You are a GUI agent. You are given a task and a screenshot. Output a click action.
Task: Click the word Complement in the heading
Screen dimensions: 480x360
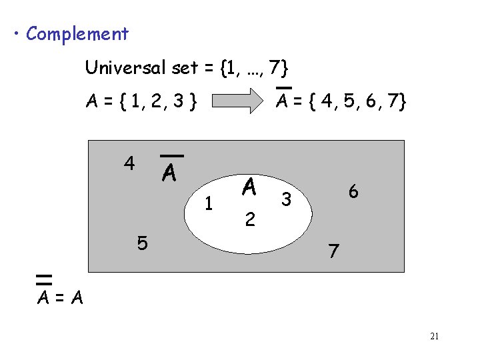point(77,33)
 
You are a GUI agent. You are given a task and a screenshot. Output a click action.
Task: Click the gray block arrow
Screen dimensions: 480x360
point(238,101)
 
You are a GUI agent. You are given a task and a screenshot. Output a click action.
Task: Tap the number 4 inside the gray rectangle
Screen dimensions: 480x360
point(129,163)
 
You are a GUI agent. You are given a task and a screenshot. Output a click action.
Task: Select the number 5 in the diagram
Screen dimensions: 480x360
point(142,243)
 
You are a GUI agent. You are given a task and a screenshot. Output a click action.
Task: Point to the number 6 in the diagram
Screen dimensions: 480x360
point(353,191)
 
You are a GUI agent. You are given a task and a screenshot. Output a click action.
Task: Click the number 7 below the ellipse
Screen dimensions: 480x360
point(333,251)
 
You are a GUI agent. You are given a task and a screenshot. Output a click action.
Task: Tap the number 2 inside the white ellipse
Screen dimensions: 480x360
point(249,219)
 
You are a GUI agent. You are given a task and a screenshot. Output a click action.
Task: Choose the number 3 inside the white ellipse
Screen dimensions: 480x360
point(286,199)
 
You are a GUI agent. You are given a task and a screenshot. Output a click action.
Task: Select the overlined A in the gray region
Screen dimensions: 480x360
point(169,172)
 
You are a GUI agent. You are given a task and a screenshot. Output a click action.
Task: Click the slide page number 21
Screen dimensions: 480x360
point(434,336)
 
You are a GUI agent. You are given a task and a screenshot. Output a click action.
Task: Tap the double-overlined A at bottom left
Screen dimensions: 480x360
point(45,295)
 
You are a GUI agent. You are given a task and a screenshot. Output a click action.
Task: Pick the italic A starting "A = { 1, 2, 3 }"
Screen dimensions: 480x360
point(91,102)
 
